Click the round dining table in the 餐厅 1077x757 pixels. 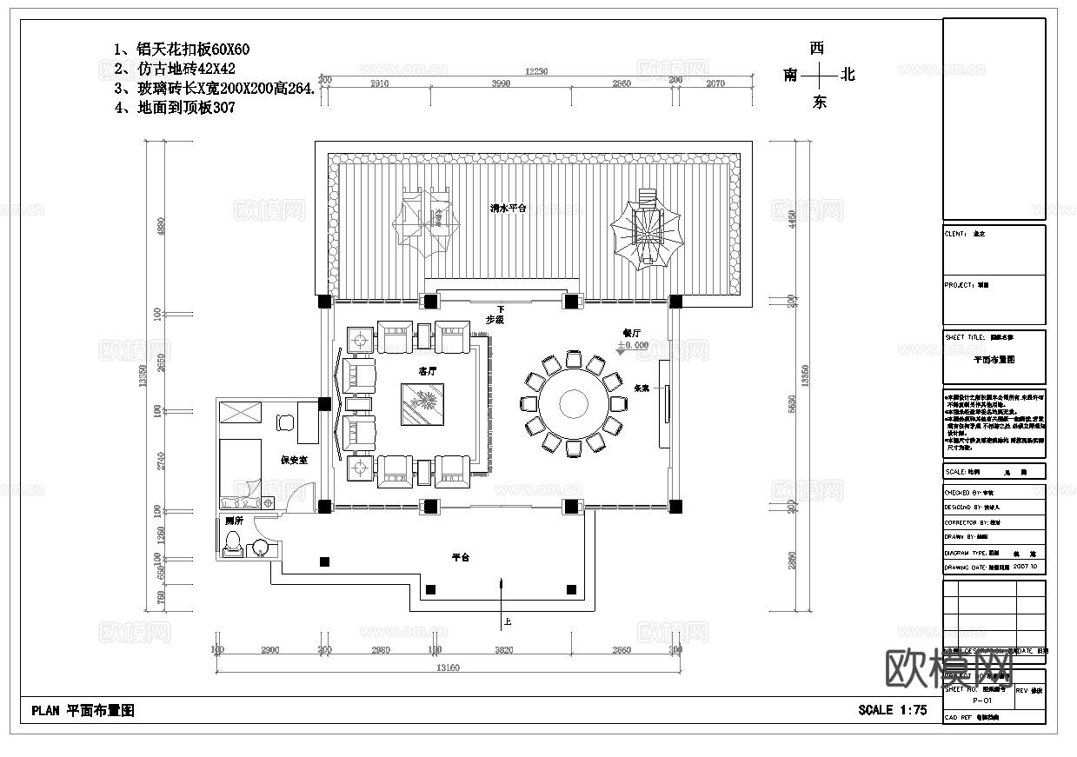pos(572,403)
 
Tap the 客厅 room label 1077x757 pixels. pos(427,371)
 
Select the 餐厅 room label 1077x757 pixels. pos(631,333)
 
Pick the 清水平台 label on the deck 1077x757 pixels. pos(509,209)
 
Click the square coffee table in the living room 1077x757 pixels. pos(422,404)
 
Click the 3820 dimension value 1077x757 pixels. pos(503,650)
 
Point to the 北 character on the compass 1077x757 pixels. pos(848,75)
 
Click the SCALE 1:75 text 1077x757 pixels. pos(892,710)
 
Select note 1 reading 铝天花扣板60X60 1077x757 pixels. pos(182,50)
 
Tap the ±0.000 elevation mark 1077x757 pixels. pos(633,346)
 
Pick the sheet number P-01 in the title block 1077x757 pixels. pos(982,700)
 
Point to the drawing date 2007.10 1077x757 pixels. pos(1026,566)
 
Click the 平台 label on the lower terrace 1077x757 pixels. pos(460,557)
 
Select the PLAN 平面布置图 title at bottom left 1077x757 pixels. pos(83,710)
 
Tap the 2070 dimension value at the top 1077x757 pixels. pos(715,84)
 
